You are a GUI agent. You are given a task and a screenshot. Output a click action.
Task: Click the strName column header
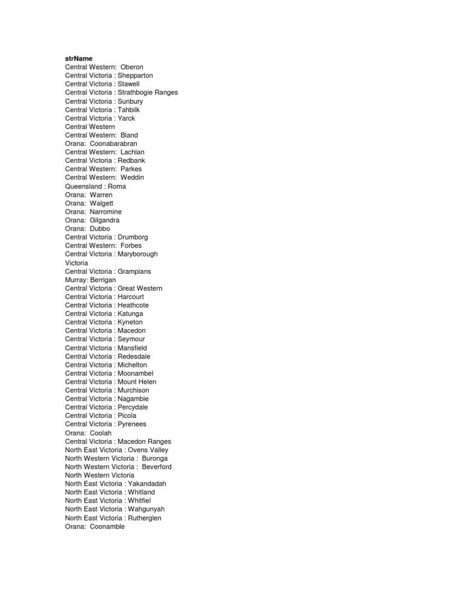pos(79,58)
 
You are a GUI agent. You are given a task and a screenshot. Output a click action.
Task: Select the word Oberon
pos(132,67)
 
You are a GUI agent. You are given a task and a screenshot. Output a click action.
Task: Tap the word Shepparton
pos(135,76)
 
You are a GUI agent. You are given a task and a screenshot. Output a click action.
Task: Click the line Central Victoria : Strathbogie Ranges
pos(121,92)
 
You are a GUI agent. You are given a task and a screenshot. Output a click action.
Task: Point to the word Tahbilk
pos(129,110)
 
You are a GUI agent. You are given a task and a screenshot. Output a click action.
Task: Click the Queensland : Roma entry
pos(95,186)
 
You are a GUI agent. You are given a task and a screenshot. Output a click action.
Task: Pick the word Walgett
pos(101,203)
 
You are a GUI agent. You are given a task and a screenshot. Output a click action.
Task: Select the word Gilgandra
pos(104,220)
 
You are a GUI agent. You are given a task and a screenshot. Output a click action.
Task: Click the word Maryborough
pos(137,254)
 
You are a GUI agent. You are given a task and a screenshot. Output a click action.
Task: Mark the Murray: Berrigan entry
pos(91,280)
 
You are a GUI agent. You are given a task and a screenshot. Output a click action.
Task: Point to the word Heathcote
pos(133,305)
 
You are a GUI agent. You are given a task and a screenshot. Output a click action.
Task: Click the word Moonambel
pos(136,373)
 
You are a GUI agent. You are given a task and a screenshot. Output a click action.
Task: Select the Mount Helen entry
pos(137,381)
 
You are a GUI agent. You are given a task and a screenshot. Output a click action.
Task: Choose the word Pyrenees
pos(132,424)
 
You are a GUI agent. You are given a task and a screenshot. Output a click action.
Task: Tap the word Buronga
pos(155,458)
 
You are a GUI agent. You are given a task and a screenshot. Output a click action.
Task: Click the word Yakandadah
pos(146,483)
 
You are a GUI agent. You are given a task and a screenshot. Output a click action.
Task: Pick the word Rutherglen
pos(144,518)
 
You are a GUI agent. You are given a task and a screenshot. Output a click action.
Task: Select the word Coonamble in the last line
pos(107,527)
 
